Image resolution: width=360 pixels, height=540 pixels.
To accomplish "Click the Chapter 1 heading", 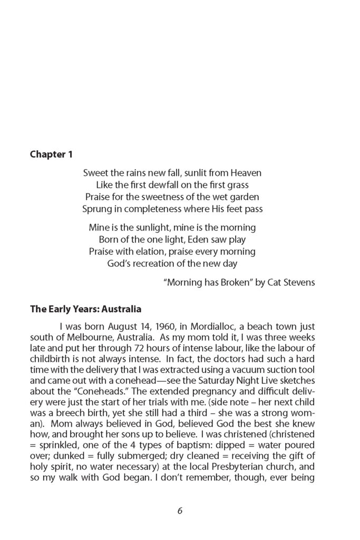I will coord(51,155).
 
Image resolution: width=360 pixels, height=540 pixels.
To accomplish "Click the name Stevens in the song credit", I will coord(298,283).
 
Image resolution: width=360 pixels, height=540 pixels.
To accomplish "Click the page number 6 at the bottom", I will coord(180,510).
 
